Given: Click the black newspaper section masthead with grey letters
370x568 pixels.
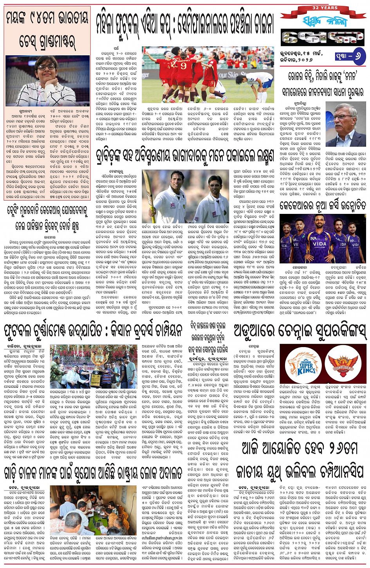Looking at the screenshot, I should (323, 37).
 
